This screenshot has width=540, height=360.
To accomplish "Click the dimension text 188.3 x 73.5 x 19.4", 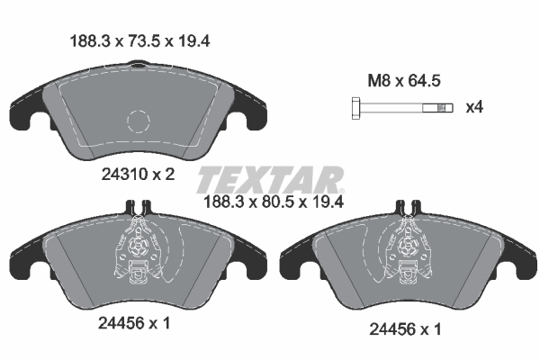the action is tap(139, 41).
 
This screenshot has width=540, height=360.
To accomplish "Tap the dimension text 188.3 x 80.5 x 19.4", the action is tap(274, 202).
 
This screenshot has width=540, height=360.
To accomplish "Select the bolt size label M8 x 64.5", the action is tap(404, 81).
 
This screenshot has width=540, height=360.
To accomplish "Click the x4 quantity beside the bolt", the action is tap(474, 107).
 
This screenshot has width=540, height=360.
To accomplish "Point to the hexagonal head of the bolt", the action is tap(356, 108).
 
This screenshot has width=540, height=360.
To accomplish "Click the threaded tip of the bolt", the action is tap(445, 108).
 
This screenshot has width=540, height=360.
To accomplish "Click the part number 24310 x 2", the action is tap(138, 175).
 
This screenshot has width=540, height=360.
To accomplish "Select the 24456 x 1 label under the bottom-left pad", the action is tap(134, 323).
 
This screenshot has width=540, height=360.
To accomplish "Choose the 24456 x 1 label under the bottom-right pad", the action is tap(405, 329).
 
